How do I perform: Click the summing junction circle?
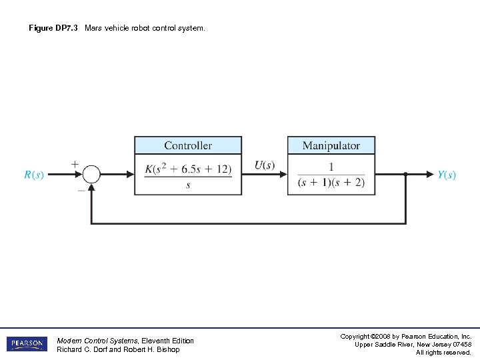[x=91, y=175]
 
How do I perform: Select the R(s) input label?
[x=34, y=175]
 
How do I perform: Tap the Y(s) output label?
[x=447, y=175]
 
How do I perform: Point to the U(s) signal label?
[x=265, y=165]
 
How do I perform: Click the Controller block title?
[x=188, y=145]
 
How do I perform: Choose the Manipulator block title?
[x=331, y=145]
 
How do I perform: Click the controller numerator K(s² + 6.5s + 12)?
[x=188, y=169]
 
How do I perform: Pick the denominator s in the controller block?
[x=188, y=185]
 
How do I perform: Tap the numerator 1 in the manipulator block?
[x=331, y=167]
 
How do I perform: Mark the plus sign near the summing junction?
[x=74, y=163]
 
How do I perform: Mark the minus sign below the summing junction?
[x=81, y=190]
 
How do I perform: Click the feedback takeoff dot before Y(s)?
[x=405, y=175]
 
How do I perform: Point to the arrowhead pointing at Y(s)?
[x=430, y=175]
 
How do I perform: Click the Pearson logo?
[x=27, y=344]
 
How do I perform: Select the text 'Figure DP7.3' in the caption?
[x=53, y=29]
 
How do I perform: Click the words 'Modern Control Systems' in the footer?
[x=98, y=341]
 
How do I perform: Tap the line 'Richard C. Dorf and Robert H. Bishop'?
[x=118, y=349]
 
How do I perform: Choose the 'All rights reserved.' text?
[x=443, y=352]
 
